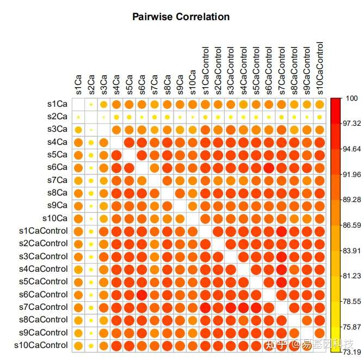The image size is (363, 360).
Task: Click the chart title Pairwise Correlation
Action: [x=181, y=17]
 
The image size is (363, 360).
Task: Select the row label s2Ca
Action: [x=57, y=117]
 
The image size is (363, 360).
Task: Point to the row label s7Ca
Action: [x=57, y=180]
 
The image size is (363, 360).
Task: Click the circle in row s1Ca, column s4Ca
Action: [x=116, y=104]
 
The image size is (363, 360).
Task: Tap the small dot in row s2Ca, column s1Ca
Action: [x=78, y=117]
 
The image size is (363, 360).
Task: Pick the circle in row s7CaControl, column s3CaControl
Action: [x=231, y=307]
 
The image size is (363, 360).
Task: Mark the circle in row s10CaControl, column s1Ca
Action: [x=78, y=345]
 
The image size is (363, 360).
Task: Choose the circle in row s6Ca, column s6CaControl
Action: [x=269, y=167]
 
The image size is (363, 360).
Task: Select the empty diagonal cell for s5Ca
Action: [x=129, y=155]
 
